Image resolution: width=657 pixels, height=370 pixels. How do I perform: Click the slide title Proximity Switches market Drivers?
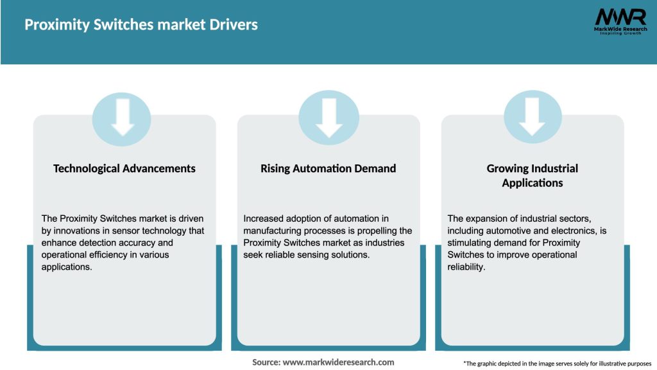coord(141,25)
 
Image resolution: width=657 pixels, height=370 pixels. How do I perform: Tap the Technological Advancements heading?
coord(124,168)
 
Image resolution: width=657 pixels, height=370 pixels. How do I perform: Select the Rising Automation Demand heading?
coord(328,168)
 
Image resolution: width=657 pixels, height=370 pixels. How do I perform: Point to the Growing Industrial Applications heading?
coord(533,175)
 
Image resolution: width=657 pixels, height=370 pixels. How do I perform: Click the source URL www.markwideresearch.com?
coord(339,362)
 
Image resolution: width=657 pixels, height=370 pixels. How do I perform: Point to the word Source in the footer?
coord(266,362)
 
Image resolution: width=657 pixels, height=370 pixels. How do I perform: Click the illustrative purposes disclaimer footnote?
coord(557,364)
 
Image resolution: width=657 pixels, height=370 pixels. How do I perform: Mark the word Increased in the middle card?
coord(265,219)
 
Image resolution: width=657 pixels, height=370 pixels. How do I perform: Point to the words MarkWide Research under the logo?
coord(620,28)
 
